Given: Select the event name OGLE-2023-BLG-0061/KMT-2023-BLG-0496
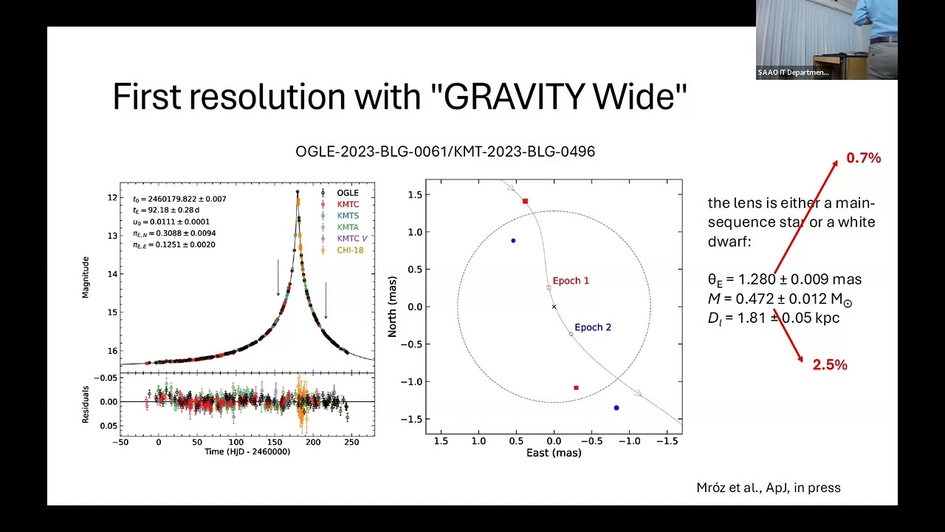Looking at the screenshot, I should (444, 151).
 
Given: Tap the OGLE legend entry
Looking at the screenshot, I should (347, 193).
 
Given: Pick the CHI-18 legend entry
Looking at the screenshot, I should (350, 250).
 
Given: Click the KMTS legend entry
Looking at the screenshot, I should (348, 216).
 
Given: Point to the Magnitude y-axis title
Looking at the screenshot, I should (86, 277).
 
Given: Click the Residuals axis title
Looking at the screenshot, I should (86, 404).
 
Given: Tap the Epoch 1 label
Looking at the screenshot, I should (571, 281).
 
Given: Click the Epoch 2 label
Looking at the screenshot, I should (593, 327).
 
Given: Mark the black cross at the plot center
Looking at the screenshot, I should (554, 307).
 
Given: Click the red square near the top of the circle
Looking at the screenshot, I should (525, 201).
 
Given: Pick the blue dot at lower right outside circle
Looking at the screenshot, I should (616, 408).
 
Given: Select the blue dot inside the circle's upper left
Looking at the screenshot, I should (513, 241).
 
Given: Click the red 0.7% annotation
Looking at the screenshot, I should (863, 158).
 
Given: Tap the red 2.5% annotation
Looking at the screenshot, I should (830, 365).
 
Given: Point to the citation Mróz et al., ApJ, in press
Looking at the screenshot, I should (769, 488).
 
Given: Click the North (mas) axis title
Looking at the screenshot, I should (393, 306).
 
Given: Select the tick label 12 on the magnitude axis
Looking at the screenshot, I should (111, 197).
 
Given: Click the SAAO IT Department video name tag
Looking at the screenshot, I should (793, 72).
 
